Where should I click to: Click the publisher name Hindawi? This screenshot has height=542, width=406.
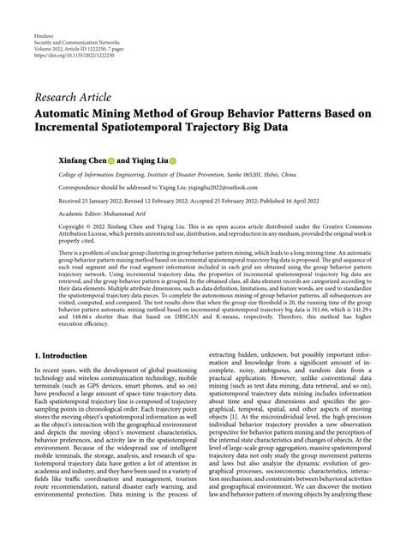44,27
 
